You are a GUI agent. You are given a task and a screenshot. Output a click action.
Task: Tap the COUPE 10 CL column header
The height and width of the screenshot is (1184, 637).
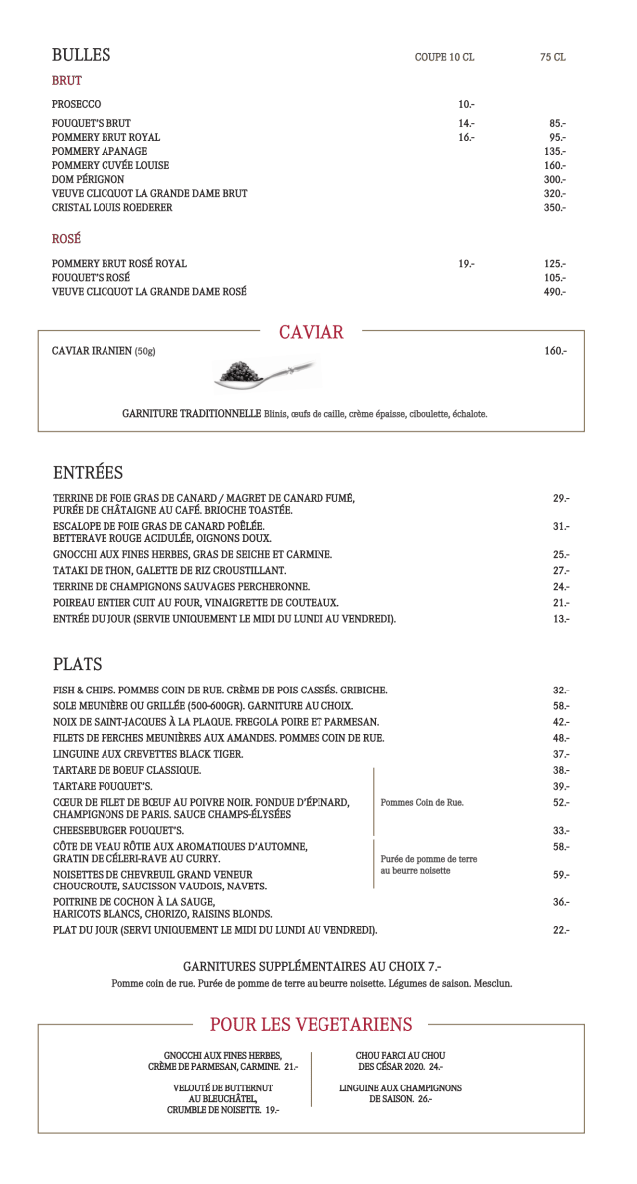tap(444, 58)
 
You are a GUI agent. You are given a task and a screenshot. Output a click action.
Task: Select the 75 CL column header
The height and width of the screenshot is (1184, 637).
tap(553, 58)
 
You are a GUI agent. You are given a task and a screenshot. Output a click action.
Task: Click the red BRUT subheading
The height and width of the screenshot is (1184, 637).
tap(67, 81)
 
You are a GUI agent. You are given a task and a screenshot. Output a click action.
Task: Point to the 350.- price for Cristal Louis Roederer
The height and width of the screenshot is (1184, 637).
tap(554, 208)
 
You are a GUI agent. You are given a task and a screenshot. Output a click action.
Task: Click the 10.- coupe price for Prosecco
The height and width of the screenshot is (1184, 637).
tap(466, 104)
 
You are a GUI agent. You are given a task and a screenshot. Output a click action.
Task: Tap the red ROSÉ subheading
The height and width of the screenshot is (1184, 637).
tap(67, 240)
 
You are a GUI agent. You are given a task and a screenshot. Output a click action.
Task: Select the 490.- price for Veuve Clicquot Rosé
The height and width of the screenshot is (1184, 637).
tap(554, 292)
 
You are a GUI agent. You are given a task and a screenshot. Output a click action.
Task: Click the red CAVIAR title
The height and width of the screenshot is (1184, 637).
tap(311, 333)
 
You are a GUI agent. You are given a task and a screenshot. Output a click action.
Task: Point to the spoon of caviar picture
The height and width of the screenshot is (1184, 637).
tap(263, 374)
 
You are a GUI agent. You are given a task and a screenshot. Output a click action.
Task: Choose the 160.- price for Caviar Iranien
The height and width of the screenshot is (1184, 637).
tap(555, 352)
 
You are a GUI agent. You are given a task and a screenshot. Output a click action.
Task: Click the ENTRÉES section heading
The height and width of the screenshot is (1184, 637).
tap(88, 472)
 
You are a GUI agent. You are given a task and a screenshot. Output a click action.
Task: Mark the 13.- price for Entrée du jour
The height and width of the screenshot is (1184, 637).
tap(561, 619)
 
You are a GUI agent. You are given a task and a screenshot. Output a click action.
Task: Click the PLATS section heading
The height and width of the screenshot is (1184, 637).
tap(78, 664)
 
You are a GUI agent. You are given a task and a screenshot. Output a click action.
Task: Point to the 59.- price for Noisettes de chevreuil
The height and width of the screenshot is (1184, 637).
tap(561, 875)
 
